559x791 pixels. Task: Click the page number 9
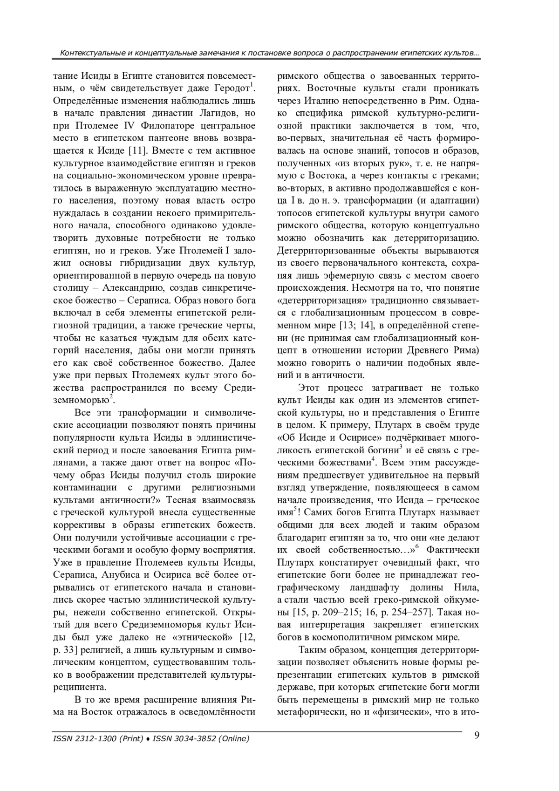[x=477, y=735]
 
